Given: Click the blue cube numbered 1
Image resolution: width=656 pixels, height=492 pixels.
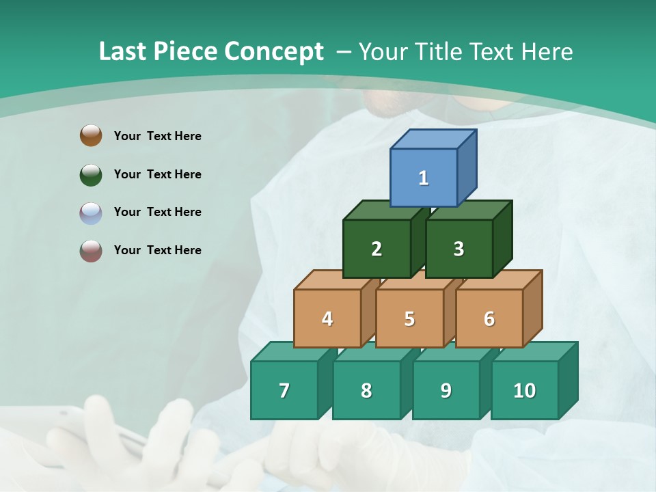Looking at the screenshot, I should click(x=424, y=178).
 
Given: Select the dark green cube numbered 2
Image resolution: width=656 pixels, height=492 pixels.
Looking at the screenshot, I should click(x=377, y=249).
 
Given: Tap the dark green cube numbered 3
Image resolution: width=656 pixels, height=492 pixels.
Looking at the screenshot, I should click(x=459, y=249).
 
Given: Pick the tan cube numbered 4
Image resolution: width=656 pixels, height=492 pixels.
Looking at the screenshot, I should click(x=327, y=318).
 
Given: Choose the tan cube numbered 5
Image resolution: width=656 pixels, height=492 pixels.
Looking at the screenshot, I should click(x=409, y=318).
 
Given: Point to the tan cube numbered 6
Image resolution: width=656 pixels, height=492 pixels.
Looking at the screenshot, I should click(x=489, y=318).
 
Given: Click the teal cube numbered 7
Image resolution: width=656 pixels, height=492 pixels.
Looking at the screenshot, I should click(x=284, y=390).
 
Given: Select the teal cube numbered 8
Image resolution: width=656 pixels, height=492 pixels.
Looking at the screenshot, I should click(x=366, y=390).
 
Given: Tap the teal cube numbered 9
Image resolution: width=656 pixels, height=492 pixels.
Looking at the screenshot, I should click(x=446, y=390).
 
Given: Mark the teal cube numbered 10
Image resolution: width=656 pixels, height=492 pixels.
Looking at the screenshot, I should click(x=524, y=390).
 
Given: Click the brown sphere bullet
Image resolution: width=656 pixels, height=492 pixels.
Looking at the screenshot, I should click(x=91, y=135).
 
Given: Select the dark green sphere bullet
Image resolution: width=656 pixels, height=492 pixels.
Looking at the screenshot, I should click(x=91, y=174).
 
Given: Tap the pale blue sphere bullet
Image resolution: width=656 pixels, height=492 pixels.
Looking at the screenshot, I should click(x=91, y=213).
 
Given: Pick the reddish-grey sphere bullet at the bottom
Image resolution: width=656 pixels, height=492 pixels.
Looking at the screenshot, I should click(x=91, y=251).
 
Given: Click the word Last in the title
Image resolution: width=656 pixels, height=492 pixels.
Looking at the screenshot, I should click(x=122, y=51).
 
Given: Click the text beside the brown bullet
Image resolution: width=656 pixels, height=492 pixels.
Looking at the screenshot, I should click(x=158, y=136).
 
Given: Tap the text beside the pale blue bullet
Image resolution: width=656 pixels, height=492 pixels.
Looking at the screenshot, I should click(x=158, y=212).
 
